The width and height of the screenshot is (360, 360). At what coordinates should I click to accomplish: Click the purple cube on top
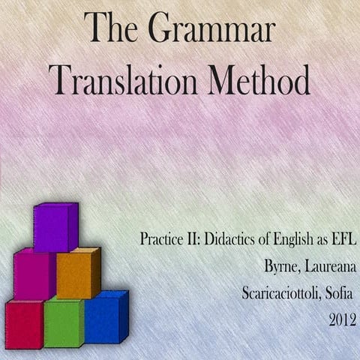pyautogui.click(x=55, y=227)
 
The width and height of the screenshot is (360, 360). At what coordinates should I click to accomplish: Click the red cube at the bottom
pyautogui.click(x=23, y=323)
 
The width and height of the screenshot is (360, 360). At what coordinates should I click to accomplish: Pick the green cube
pyautogui.click(x=64, y=322)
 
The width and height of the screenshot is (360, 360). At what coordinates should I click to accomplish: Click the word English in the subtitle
pyautogui.click(x=295, y=239)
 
